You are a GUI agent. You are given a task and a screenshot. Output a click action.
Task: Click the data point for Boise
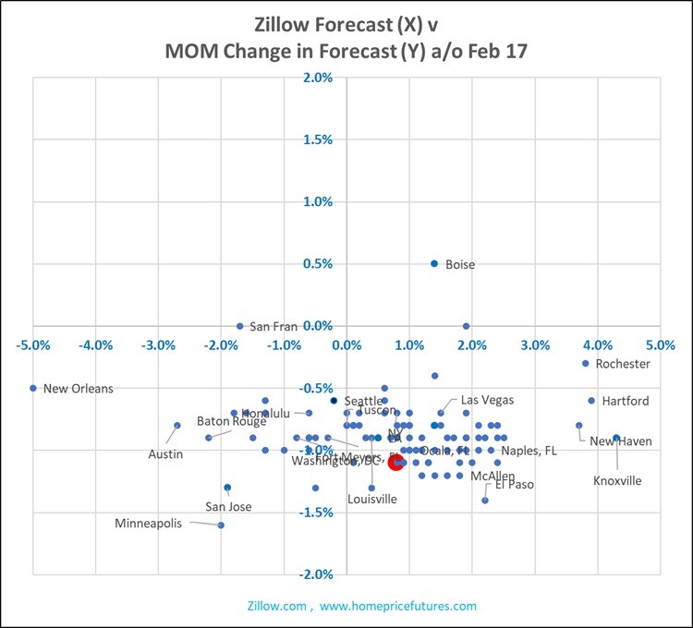point(434,264)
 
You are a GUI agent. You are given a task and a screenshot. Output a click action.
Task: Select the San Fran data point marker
point(239,326)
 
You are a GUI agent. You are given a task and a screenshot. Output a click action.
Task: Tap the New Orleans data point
point(33,388)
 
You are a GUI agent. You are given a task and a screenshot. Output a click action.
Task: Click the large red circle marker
point(396,461)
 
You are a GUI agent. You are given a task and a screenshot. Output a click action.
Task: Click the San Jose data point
point(227,487)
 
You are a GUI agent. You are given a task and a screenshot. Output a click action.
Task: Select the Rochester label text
point(623,364)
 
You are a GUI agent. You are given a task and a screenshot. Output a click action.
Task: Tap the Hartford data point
point(591,401)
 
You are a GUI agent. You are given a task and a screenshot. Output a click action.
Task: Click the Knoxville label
point(616,480)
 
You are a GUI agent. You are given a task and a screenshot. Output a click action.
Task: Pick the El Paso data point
point(484,500)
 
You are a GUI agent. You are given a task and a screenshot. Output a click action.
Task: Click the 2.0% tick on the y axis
point(317,78)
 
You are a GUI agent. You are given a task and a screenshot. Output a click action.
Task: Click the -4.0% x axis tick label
point(96,345)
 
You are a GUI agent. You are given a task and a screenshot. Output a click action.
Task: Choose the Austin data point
point(176,426)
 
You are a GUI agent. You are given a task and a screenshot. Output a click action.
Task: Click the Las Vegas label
point(487,400)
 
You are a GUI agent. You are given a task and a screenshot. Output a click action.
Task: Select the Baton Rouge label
point(231,421)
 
